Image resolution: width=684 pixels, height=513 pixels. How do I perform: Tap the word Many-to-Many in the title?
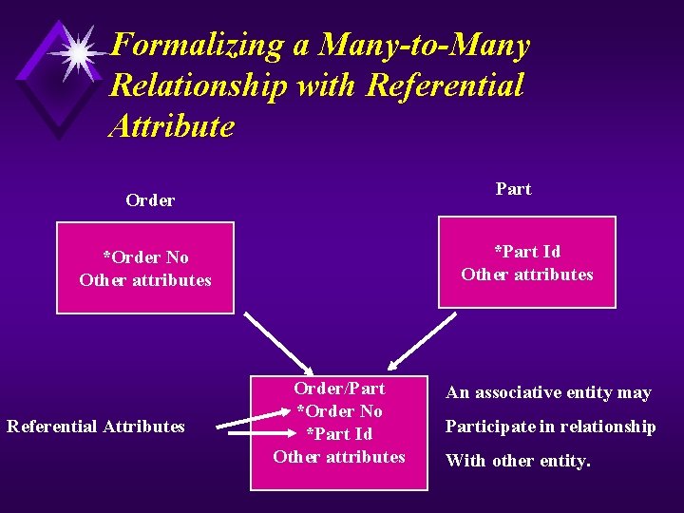click(x=425, y=45)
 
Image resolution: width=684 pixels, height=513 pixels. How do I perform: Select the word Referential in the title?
click(x=444, y=85)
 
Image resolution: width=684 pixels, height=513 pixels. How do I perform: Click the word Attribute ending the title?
click(x=171, y=126)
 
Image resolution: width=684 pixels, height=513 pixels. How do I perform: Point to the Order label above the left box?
click(x=150, y=200)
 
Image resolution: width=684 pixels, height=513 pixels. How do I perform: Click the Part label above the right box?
click(x=513, y=189)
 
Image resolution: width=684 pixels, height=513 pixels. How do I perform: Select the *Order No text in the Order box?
click(x=145, y=257)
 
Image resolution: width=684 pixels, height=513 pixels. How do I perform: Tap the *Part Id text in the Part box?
click(x=527, y=252)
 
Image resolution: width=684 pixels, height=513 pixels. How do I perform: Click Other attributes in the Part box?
click(x=527, y=275)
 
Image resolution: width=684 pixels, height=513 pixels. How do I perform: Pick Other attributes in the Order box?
click(x=145, y=280)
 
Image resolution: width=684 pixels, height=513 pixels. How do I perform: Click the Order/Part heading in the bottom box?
click(x=339, y=389)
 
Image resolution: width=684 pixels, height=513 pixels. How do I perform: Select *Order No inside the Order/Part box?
click(x=339, y=411)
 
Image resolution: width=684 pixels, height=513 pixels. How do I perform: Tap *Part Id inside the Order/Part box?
click(x=339, y=434)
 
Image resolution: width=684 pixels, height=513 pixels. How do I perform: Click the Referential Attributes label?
click(x=96, y=427)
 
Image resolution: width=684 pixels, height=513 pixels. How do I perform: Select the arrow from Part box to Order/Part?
click(x=422, y=340)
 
